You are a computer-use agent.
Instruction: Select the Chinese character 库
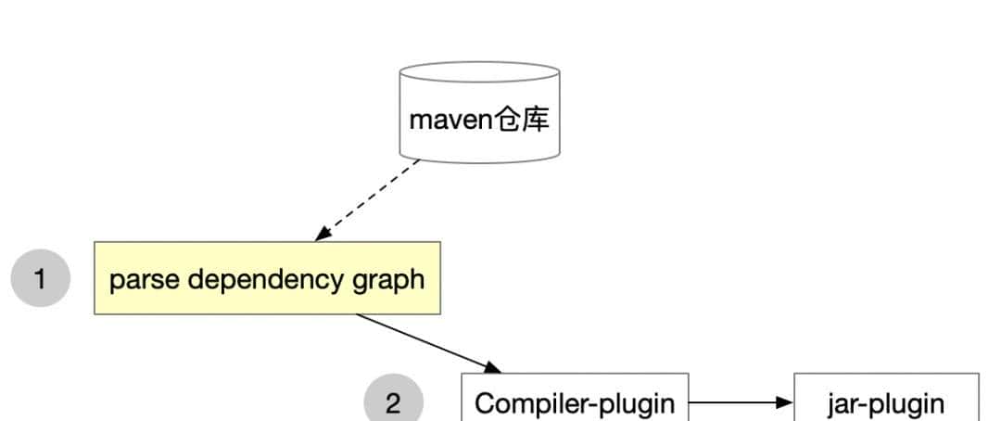click(536, 120)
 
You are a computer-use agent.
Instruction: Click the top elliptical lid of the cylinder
click(479, 72)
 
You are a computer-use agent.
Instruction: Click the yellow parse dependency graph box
click(267, 278)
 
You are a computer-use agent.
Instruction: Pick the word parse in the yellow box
click(139, 279)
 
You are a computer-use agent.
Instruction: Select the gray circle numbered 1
click(40, 277)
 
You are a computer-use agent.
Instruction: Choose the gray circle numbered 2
click(394, 403)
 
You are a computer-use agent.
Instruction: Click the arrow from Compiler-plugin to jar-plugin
click(737, 403)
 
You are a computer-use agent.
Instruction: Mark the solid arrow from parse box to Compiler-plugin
click(426, 342)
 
